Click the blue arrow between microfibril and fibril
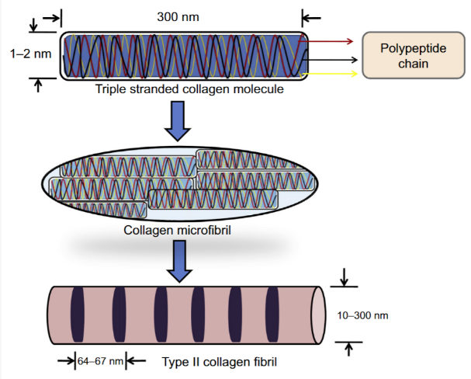[180, 259]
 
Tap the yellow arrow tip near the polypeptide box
[354, 74]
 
